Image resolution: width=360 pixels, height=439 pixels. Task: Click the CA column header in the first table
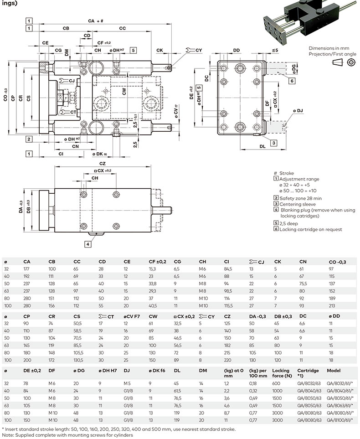[x=27, y=262]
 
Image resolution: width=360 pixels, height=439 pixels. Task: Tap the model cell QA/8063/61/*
[x=340, y=405]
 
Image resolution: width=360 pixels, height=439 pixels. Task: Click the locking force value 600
[x=276, y=383]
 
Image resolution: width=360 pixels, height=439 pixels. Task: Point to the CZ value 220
[x=227, y=360]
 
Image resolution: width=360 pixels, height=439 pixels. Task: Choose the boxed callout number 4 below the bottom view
[x=87, y=244]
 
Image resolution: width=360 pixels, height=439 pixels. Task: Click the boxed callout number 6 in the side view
[x=292, y=81]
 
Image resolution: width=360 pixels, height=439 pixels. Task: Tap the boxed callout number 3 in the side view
[x=274, y=143]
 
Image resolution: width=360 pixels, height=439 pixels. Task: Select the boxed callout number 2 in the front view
[x=29, y=139]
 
